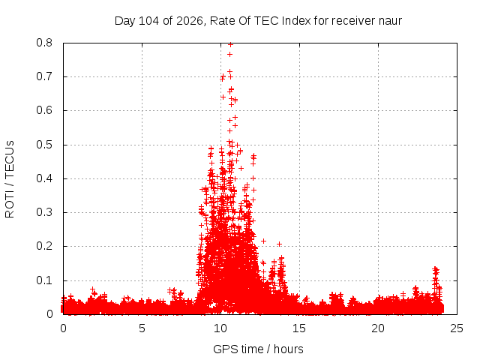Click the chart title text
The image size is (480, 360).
[x=258, y=21]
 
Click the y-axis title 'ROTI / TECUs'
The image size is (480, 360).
[x=10, y=179]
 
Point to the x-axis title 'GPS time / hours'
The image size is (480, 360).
[x=258, y=349]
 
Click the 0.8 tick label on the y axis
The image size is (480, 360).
[x=44, y=43]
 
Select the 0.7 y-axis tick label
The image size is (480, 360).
[x=44, y=76]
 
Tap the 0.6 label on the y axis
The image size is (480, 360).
[x=44, y=110]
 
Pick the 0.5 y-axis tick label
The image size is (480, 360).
[x=44, y=145]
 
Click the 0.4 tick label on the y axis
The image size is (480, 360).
[x=44, y=178]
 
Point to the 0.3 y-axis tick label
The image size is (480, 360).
[x=44, y=212]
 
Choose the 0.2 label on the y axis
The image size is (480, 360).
[x=44, y=246]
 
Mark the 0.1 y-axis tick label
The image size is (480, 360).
[x=44, y=280]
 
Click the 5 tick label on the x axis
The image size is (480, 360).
[x=142, y=328]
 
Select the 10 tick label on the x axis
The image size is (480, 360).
[x=220, y=328]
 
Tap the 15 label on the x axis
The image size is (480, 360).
[x=299, y=328]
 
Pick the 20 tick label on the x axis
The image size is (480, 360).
[x=378, y=328]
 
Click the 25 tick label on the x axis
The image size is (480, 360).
[x=457, y=328]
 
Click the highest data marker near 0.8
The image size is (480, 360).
[x=230, y=45]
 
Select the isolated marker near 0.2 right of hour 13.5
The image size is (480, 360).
[x=279, y=244]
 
